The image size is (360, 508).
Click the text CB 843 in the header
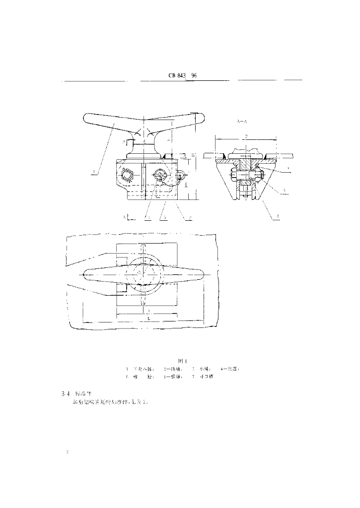(x=177, y=76)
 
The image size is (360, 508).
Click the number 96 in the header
(x=194, y=76)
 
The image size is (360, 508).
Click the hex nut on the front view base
(x=128, y=176)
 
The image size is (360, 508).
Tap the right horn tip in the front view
(x=200, y=118)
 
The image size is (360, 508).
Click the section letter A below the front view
(x=125, y=217)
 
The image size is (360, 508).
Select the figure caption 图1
(x=182, y=361)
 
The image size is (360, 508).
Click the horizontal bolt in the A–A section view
(x=243, y=175)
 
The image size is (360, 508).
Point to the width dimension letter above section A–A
(x=245, y=134)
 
